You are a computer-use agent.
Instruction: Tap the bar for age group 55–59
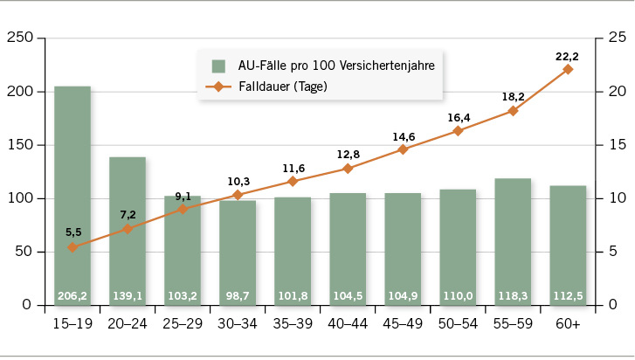pyautogui.click(x=513, y=236)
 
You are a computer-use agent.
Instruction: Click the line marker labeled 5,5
pyautogui.click(x=72, y=247)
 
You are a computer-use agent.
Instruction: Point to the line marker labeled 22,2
pyautogui.click(x=568, y=69)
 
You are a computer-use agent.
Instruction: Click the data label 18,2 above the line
pyautogui.click(x=513, y=96)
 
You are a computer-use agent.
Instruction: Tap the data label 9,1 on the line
pyautogui.click(x=183, y=195)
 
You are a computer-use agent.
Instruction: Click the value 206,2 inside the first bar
pyautogui.click(x=72, y=296)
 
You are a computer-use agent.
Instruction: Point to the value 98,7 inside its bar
pyautogui.click(x=238, y=296)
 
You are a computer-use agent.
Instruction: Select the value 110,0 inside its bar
pyautogui.click(x=458, y=296)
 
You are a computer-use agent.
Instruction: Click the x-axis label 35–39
pyautogui.click(x=293, y=323)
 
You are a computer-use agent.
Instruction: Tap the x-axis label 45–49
pyautogui.click(x=403, y=323)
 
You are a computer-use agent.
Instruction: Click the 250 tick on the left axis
pyautogui.click(x=19, y=38)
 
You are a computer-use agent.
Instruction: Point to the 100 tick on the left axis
pyautogui.click(x=19, y=198)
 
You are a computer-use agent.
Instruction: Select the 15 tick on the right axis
pyautogui.click(x=617, y=145)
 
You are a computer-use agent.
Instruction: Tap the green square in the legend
pyautogui.click(x=218, y=66)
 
